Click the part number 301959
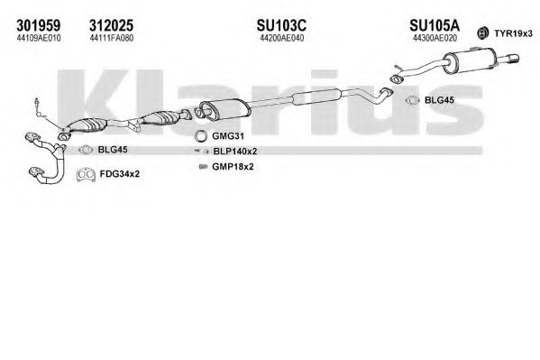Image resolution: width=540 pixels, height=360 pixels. click(x=39, y=25)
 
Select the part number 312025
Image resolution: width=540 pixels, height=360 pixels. click(x=111, y=25)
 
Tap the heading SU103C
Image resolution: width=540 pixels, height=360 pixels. click(x=281, y=25)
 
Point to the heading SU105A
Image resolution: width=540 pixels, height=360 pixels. click(x=435, y=25)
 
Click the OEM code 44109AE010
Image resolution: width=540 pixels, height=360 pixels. click(x=39, y=38)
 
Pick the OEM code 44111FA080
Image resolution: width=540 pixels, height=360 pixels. click(x=111, y=38)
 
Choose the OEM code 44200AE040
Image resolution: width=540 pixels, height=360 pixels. click(x=281, y=38)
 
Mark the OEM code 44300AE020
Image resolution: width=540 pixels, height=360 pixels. click(x=435, y=38)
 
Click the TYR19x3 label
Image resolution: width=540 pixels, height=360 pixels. click(x=513, y=33)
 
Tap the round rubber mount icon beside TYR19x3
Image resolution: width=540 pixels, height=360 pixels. click(x=483, y=33)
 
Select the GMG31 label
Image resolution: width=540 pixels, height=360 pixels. click(x=228, y=136)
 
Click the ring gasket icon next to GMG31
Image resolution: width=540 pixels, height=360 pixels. click(x=200, y=136)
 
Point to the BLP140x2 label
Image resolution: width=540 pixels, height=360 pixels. click(x=235, y=151)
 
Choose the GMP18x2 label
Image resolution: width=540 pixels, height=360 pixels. click(x=233, y=167)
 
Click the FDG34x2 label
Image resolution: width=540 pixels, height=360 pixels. click(x=120, y=174)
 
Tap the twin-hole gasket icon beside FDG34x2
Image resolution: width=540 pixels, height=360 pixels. click(x=86, y=175)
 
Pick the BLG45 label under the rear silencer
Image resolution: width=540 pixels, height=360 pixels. click(x=439, y=100)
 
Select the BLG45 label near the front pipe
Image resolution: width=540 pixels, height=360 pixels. click(x=113, y=149)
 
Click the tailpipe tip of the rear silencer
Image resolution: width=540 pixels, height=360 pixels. click(x=513, y=59)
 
